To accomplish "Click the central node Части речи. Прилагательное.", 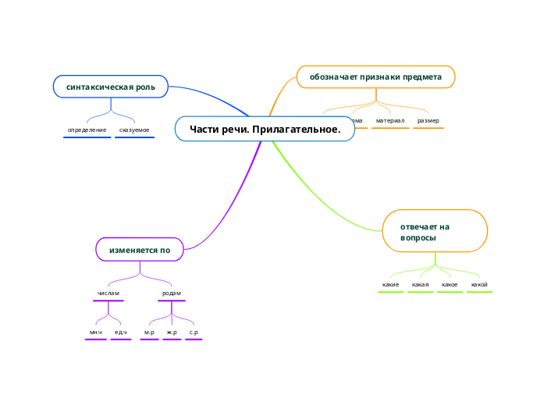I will click(x=265, y=129).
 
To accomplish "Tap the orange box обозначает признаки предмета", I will click(x=375, y=77).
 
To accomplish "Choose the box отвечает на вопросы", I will click(x=435, y=231).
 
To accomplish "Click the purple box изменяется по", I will click(x=140, y=250).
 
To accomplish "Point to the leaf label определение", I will click(x=87, y=130).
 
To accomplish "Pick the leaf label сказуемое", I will click(x=134, y=130).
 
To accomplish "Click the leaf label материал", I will click(x=390, y=121).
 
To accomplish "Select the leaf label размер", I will click(x=428, y=121).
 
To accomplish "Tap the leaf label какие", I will click(x=391, y=284).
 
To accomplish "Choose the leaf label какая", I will click(x=420, y=284).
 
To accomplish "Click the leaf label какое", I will click(x=450, y=284).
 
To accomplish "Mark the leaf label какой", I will click(x=479, y=284).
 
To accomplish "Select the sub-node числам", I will click(x=108, y=293).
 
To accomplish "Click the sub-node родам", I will click(x=171, y=293).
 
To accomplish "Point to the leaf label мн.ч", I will click(x=96, y=333).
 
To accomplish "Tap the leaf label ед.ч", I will click(x=121, y=333).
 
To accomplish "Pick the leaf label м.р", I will click(x=149, y=333).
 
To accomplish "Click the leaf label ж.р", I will click(x=172, y=333).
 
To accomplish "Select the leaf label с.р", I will click(x=194, y=333).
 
